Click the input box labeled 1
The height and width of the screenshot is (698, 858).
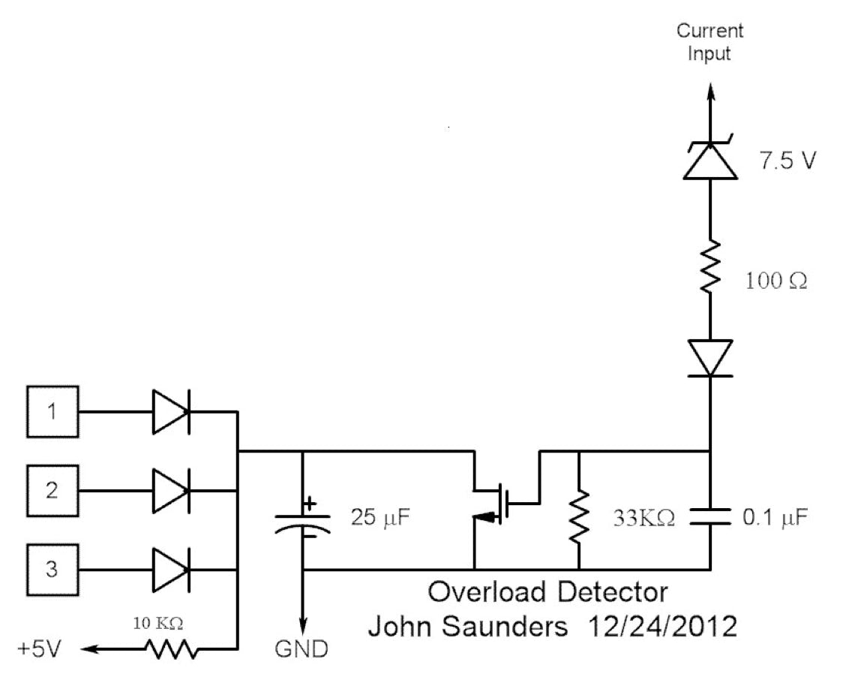52,411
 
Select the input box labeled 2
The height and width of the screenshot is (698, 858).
52,491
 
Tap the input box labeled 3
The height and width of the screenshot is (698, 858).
52,570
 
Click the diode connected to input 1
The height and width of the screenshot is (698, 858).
171,411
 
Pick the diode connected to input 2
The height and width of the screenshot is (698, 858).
171,491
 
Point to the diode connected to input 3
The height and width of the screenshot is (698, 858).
171,570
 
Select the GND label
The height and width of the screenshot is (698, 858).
301,648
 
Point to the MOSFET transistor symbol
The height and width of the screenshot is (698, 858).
498,504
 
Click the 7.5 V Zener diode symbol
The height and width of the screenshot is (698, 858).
709,161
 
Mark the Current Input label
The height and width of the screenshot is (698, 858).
709,42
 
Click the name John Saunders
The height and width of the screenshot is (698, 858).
467,626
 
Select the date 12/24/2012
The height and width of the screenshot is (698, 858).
658,626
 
